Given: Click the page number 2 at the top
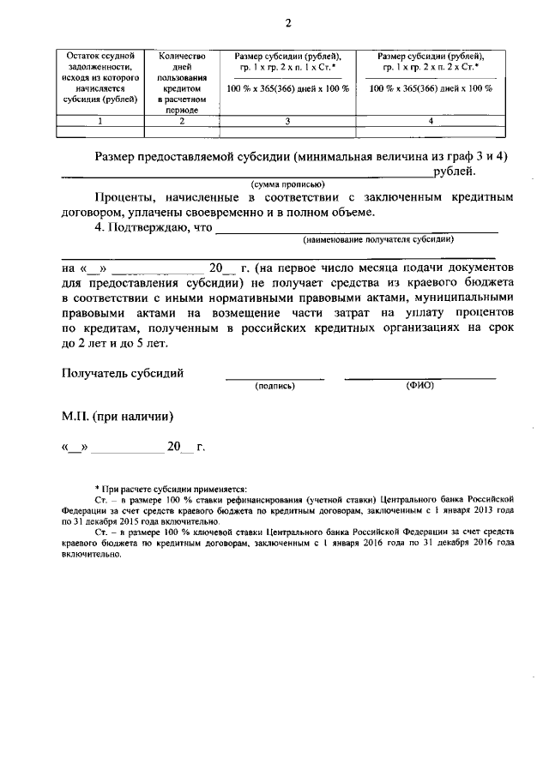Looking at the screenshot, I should [275, 22].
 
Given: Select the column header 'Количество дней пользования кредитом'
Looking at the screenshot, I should [182, 82].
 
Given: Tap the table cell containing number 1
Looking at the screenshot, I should [100, 121].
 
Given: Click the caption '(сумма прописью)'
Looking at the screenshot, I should [287, 184].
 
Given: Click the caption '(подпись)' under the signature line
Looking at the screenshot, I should [274, 386].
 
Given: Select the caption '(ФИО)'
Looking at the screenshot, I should [420, 386].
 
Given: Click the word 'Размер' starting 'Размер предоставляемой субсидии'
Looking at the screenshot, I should [120, 157].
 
